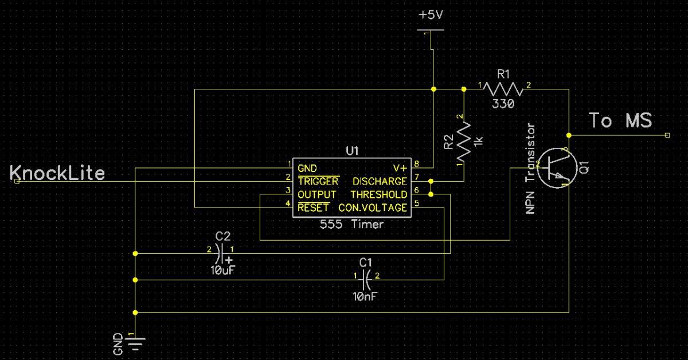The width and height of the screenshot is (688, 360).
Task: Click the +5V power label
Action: (432, 15)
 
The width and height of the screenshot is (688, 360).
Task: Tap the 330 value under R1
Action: (503, 104)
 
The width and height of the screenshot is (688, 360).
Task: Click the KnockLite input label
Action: (57, 173)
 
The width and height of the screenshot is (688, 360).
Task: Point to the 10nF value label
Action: (366, 296)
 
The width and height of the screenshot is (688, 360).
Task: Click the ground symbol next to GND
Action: (135, 343)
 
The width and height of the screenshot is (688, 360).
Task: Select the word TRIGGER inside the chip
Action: (318, 182)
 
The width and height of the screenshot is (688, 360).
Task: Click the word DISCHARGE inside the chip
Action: (380, 182)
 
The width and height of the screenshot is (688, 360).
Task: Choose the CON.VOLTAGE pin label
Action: (373, 208)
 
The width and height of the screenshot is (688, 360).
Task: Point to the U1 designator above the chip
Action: (352, 151)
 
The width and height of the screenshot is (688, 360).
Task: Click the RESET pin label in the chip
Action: (314, 208)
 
